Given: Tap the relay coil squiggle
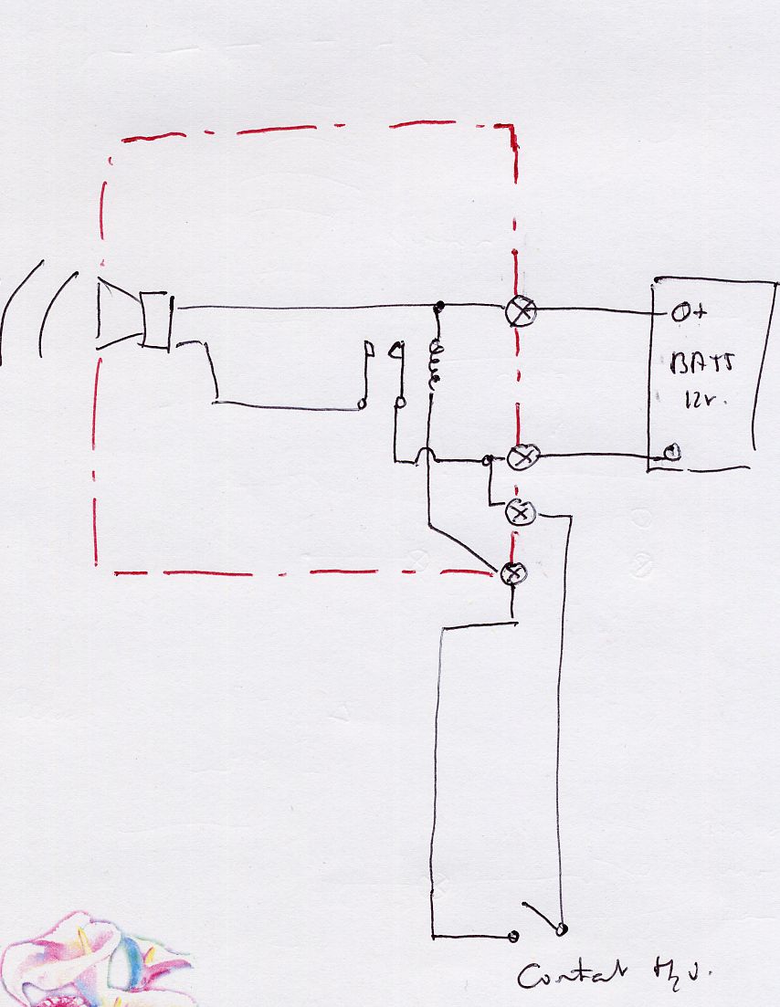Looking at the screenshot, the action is [x=436, y=365].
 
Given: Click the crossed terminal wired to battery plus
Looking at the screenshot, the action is [x=522, y=311].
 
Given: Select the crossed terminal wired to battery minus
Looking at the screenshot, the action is [x=522, y=456].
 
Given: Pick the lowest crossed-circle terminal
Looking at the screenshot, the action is [x=515, y=572].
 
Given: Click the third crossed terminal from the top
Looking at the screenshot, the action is [x=520, y=514].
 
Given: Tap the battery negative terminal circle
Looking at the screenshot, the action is [x=671, y=452].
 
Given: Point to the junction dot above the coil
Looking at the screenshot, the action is [x=439, y=305].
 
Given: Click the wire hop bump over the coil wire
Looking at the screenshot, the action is [x=427, y=454].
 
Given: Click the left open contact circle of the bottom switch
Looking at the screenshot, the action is [x=513, y=937].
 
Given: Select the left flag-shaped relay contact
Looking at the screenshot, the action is [x=368, y=350].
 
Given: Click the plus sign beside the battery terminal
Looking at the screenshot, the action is [x=701, y=313].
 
